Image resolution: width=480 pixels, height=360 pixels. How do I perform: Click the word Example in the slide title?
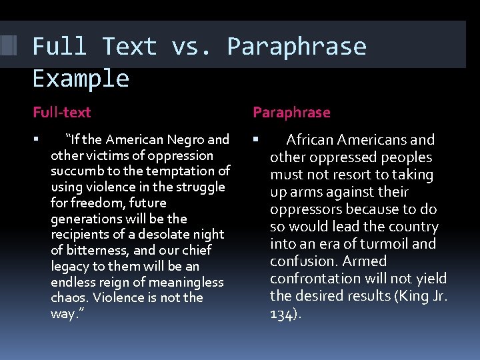tap(81, 79)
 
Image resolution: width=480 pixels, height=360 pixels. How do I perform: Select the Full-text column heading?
tap(62, 113)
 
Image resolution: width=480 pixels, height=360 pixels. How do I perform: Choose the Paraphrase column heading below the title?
tap(291, 113)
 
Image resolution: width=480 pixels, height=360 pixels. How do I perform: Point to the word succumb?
tap(75, 171)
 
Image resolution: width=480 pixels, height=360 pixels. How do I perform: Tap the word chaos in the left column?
tap(69, 297)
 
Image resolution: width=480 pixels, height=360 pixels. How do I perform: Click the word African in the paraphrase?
tap(310, 140)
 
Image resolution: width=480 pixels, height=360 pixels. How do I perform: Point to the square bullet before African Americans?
tap(255, 140)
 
